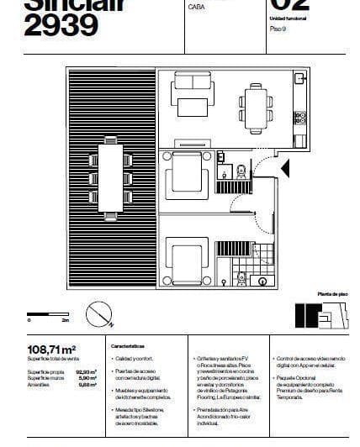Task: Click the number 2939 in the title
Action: coord(61,27)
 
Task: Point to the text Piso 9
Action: coord(278,29)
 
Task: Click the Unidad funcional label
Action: coord(287,18)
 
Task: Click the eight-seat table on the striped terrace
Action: coord(111,176)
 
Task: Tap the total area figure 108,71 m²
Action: coord(52,349)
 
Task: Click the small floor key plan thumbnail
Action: coord(320,314)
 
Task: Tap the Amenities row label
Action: coord(40,384)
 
